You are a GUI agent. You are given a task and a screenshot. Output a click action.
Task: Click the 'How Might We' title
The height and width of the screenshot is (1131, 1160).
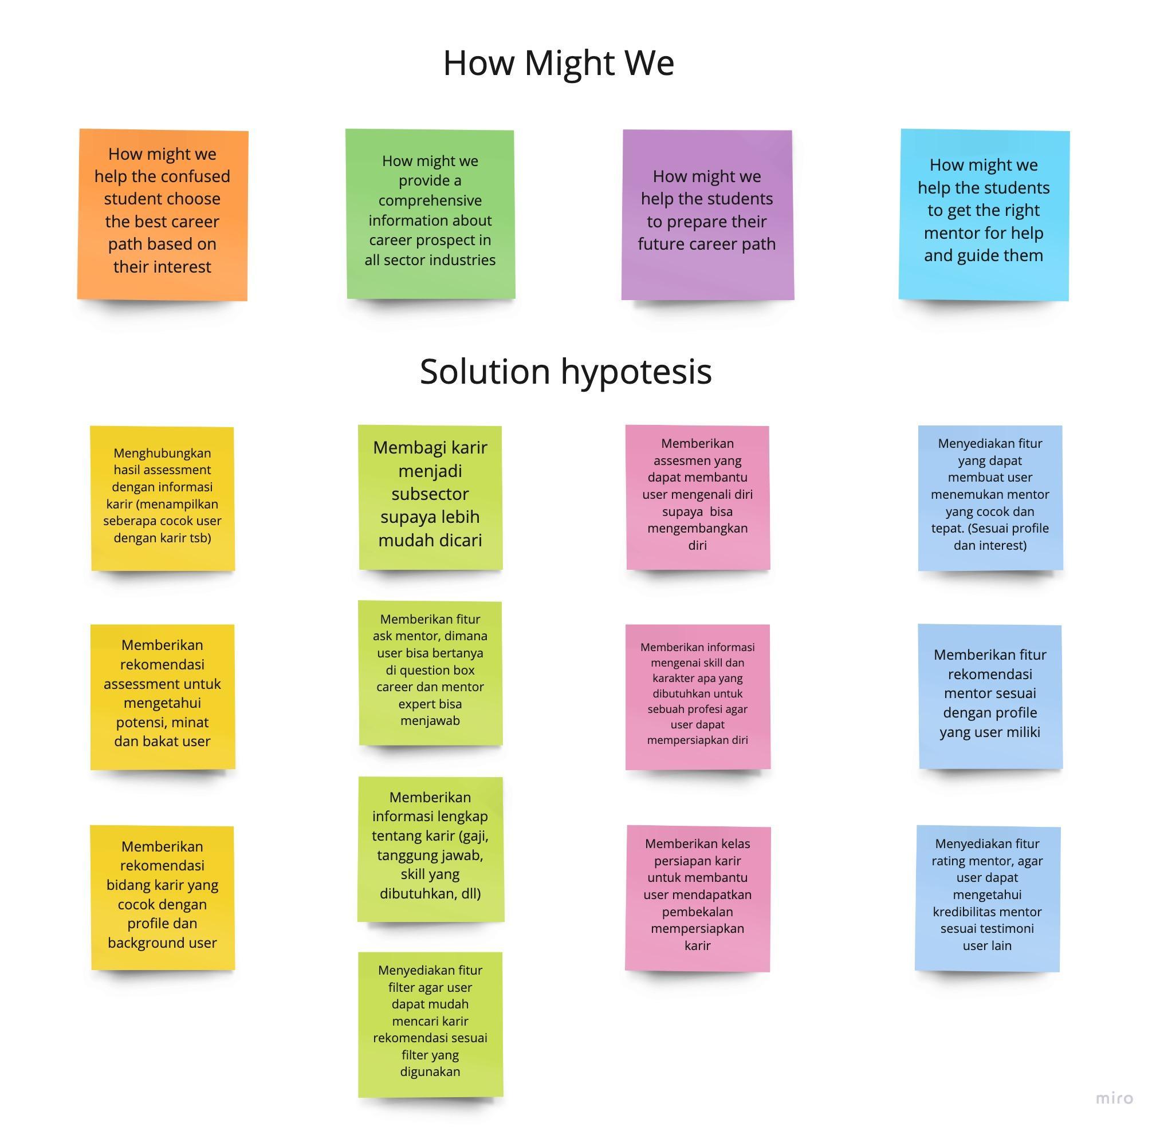[558, 62]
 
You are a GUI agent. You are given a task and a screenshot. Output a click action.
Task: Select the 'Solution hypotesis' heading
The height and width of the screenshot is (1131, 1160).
[565, 371]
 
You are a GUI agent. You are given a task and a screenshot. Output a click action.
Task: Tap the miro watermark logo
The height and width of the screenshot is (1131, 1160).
[1114, 1098]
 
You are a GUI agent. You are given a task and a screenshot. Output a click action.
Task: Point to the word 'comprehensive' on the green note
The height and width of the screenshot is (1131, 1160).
[430, 200]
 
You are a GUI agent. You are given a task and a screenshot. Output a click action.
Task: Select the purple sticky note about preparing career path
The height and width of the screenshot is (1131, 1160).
[707, 214]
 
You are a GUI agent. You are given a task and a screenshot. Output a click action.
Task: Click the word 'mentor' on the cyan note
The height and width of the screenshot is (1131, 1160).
[951, 233]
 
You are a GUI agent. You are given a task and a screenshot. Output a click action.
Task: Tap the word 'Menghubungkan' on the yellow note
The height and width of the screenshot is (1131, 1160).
[162, 453]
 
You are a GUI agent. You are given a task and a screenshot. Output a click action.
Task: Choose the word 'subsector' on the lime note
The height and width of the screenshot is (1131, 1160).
[430, 494]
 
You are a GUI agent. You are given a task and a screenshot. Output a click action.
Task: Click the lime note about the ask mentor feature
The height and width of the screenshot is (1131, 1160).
[430, 673]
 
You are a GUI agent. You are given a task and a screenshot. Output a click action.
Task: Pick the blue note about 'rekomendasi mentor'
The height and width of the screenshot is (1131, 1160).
[989, 695]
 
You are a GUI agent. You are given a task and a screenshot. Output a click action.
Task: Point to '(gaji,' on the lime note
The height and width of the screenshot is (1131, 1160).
[470, 836]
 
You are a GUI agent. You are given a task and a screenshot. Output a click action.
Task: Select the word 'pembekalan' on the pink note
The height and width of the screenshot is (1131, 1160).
[697, 912]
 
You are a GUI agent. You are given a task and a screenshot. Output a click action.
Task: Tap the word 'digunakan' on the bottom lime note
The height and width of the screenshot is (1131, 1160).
[430, 1071]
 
